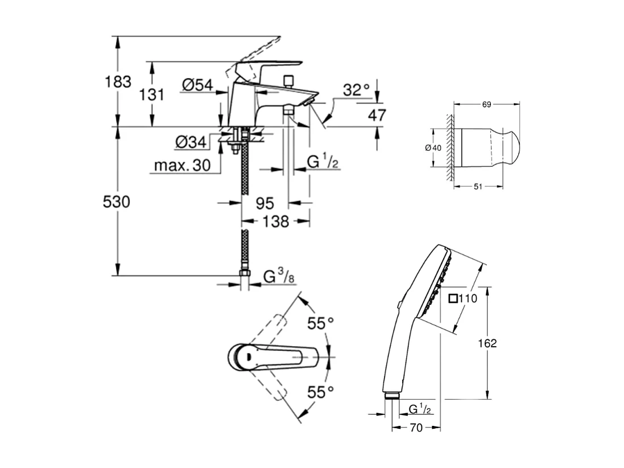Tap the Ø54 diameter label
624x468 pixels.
[197, 85]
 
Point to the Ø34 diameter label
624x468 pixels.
[189, 142]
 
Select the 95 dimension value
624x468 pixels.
[265, 203]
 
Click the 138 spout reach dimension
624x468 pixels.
[276, 221]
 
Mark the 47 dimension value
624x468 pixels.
[377, 115]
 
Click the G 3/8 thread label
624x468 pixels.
[279, 278]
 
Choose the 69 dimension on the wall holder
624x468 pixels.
[486, 104]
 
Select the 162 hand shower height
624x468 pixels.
[487, 343]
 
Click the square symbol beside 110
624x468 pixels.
[454, 298]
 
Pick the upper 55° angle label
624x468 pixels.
[321, 323]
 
